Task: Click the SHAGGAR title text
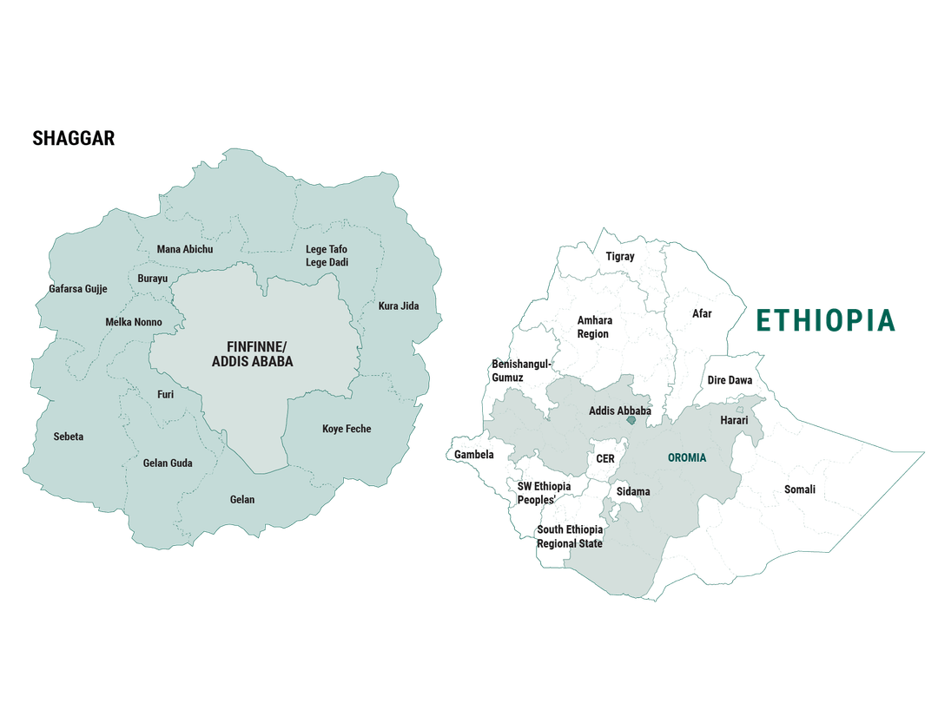point(74,138)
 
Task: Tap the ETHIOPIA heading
point(824,320)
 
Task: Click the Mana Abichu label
point(185,250)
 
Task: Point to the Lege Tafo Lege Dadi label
point(327,256)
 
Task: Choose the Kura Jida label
point(399,306)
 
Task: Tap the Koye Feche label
point(347,429)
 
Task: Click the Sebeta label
point(69,437)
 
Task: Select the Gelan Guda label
point(168,463)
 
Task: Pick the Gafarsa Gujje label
point(78,289)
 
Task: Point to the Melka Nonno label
point(134,323)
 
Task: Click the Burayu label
point(152,279)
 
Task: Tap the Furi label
point(165,394)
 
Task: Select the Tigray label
point(620,256)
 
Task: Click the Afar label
point(702,313)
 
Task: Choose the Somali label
point(800,489)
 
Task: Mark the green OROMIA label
point(687,457)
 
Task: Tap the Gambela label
point(474,455)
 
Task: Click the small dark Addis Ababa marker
point(631,420)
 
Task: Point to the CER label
point(604,458)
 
